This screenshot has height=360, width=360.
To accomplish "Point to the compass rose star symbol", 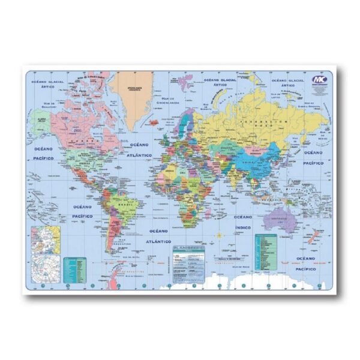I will (220, 236).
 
